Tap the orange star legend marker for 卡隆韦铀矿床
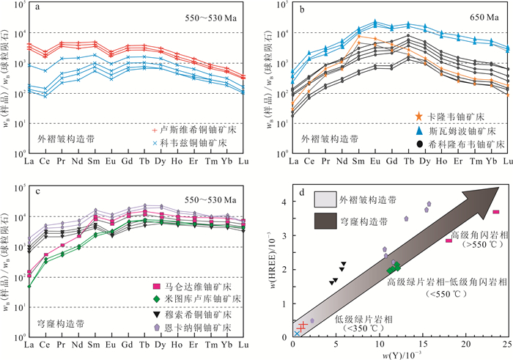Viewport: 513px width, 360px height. pos(419,117)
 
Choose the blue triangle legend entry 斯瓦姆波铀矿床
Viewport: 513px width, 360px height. pos(419,130)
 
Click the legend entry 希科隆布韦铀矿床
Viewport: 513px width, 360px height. pos(419,144)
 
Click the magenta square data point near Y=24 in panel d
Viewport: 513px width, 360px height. pos(496,212)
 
